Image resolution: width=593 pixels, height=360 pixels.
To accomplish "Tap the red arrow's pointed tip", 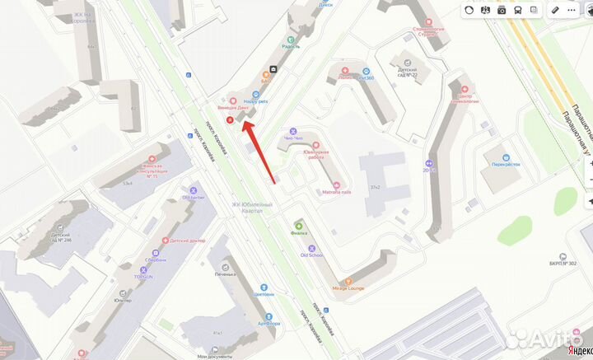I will pyautogui.click(x=242, y=122).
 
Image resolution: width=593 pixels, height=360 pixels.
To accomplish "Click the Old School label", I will pyautogui.click(x=312, y=255).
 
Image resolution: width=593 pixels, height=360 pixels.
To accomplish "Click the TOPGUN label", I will pyautogui.click(x=145, y=278).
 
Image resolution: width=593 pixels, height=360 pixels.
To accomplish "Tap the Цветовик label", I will pyautogui.click(x=264, y=293).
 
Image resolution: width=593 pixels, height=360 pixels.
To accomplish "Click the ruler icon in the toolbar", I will pyautogui.click(x=555, y=10).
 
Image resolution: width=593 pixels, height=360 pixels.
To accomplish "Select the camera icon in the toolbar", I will pyautogui.click(x=502, y=10).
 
